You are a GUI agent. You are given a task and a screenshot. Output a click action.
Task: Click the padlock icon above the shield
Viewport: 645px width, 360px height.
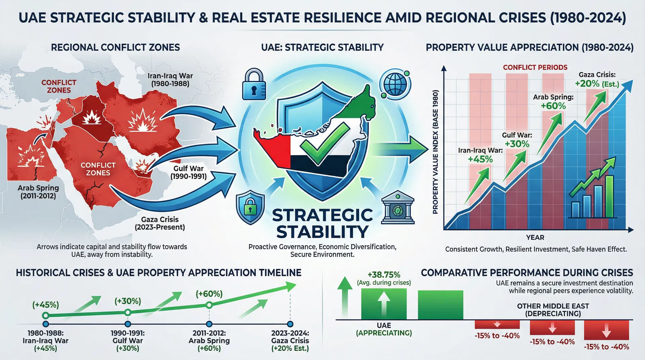[x=254, y=84]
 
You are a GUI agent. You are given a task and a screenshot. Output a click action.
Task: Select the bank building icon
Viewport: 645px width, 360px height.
[x=398, y=208]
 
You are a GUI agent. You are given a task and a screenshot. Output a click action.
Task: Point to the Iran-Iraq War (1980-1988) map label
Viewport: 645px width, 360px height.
[x=170, y=80]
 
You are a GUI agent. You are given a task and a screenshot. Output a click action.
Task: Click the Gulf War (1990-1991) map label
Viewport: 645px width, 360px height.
[x=188, y=172]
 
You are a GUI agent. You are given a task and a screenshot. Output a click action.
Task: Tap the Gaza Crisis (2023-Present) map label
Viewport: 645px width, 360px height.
[x=160, y=223]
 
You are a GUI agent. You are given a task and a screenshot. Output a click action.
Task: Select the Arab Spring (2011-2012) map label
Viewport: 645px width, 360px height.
[x=38, y=192]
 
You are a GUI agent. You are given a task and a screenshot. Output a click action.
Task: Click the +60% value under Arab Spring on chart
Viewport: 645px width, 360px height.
[x=553, y=106]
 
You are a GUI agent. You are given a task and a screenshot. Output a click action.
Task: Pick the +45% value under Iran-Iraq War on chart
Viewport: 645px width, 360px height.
[x=480, y=159]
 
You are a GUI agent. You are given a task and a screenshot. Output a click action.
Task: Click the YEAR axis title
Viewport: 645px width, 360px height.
[x=535, y=237]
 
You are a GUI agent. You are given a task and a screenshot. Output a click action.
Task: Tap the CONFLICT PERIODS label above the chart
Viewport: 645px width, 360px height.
[x=535, y=67]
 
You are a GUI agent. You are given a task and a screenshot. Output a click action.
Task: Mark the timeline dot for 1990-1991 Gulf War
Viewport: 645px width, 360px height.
[x=128, y=324]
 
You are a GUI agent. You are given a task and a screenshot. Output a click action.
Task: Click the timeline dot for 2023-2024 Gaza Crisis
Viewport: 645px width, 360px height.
[x=290, y=324]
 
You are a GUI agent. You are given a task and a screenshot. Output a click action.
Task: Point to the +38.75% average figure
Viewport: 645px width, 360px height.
[x=384, y=275]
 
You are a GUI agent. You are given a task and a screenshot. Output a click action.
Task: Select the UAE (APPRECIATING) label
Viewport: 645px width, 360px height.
[x=384, y=329]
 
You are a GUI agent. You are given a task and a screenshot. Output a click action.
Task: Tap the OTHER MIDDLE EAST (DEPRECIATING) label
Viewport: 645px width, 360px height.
[x=553, y=310]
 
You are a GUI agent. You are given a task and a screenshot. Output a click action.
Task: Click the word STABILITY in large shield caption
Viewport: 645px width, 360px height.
[x=322, y=232]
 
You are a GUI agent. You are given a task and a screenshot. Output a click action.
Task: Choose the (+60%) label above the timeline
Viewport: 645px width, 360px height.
[x=209, y=294]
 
